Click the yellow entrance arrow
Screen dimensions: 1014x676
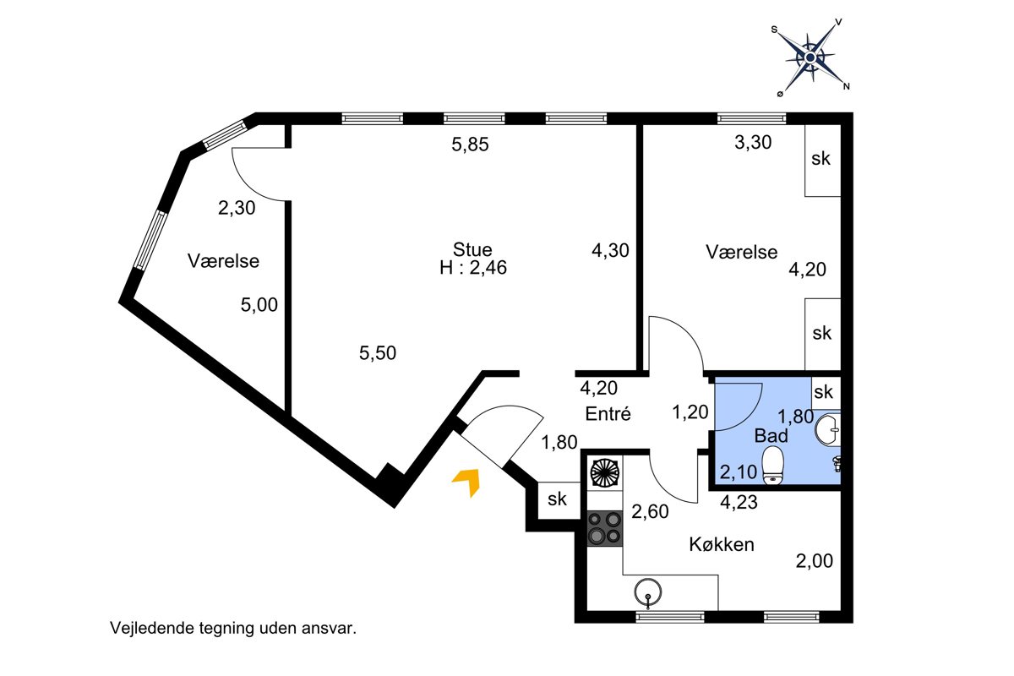click(468, 481)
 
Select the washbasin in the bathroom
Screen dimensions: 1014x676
click(828, 429)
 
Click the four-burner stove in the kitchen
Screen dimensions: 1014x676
click(605, 528)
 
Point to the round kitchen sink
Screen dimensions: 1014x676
click(648, 592)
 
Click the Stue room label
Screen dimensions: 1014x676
click(472, 249)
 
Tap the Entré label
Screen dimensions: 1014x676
click(608, 413)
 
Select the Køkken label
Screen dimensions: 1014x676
click(722, 544)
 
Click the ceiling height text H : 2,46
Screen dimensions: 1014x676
click(473, 268)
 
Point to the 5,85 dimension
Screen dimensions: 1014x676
click(470, 144)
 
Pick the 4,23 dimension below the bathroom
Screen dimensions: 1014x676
click(739, 502)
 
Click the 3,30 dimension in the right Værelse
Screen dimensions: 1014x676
click(753, 142)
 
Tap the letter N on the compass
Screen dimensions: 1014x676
click(846, 86)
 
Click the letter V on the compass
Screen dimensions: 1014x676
click(838, 22)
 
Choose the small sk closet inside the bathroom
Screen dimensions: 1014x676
click(826, 393)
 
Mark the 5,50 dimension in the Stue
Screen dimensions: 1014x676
click(378, 352)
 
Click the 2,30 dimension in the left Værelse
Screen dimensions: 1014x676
click(237, 208)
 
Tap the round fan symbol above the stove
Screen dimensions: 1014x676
click(605, 472)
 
